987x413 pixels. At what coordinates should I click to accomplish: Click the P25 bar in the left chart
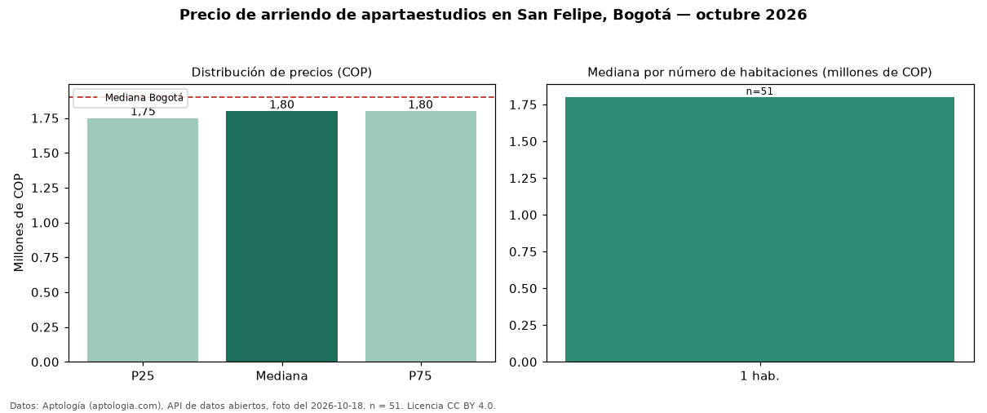tap(143, 240)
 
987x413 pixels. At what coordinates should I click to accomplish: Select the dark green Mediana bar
tap(281, 236)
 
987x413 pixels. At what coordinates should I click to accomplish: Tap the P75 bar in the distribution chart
tap(421, 236)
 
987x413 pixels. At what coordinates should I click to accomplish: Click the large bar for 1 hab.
tap(759, 229)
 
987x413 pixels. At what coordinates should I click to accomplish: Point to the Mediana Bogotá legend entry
tap(131, 98)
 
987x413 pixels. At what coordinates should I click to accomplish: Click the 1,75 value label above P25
tap(143, 112)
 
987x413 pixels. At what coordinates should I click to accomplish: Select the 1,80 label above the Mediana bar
tap(281, 104)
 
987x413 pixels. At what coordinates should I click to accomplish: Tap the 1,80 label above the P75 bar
tap(420, 104)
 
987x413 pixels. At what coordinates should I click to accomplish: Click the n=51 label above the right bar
tap(759, 91)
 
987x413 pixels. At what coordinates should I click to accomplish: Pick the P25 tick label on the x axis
tap(143, 376)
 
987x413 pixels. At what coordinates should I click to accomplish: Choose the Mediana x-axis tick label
tap(281, 376)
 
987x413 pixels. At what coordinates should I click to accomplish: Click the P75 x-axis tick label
tap(420, 376)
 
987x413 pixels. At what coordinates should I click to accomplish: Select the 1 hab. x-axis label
tap(759, 376)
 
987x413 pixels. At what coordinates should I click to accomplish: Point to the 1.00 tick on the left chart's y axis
tap(45, 223)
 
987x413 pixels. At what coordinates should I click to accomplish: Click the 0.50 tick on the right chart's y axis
tap(523, 289)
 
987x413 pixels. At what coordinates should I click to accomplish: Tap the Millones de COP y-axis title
tap(19, 223)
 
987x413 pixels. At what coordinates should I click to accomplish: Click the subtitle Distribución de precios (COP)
tap(281, 73)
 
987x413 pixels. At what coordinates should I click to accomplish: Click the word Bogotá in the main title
tap(642, 15)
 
